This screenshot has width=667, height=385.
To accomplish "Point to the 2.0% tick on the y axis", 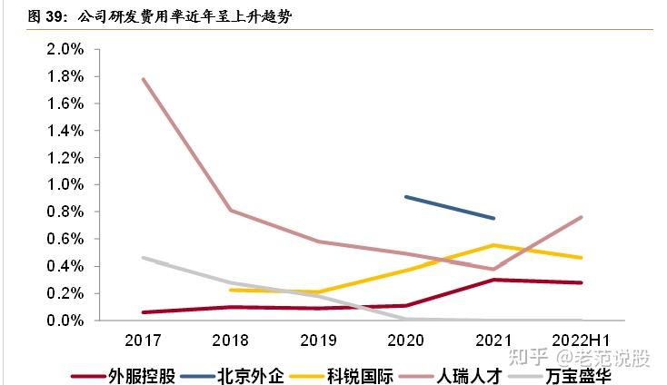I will [x=65, y=48].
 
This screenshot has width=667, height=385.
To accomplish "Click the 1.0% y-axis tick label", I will [x=65, y=184].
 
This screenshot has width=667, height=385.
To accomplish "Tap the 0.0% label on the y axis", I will [x=65, y=321].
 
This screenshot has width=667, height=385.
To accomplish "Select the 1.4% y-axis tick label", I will [x=65, y=130].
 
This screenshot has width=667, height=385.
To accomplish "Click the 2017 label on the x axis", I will [x=144, y=339].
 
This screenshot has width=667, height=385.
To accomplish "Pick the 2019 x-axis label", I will [x=318, y=339].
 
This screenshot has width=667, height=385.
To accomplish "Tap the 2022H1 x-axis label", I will [x=581, y=339].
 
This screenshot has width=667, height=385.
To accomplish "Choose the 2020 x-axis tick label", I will [x=405, y=339].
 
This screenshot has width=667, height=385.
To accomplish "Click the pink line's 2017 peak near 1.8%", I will [x=144, y=79].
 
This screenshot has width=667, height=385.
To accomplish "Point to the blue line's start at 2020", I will [x=405, y=196].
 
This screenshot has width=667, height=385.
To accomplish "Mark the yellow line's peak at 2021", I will [x=493, y=245].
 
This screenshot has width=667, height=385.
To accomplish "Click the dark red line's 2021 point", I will [x=493, y=280].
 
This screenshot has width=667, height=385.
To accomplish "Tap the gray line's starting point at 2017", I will [x=144, y=258].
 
